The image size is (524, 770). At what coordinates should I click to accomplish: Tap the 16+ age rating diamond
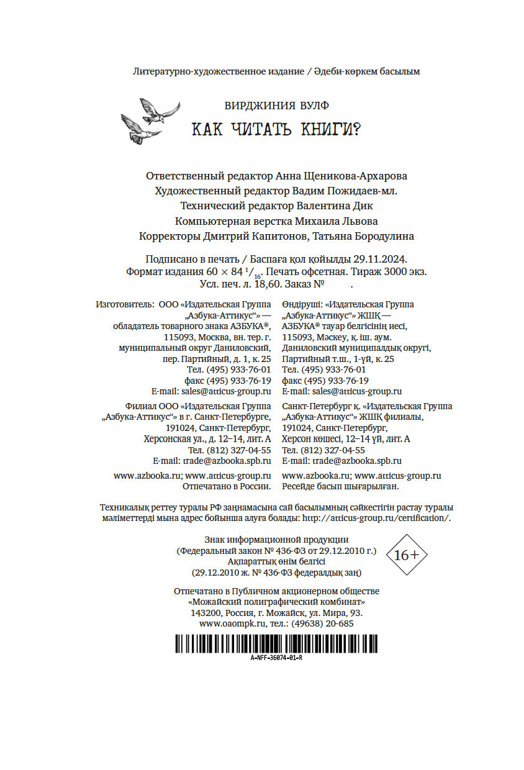click(406, 555)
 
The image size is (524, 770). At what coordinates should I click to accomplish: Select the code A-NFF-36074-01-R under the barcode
click(276, 658)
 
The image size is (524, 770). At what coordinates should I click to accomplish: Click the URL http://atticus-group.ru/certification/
click(376, 517)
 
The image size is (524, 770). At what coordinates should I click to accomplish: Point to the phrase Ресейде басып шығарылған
click(339, 486)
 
